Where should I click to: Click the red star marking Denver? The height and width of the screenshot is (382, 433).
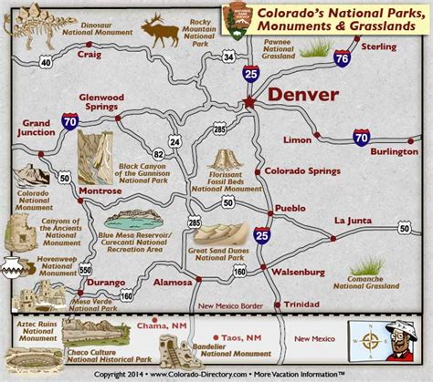[x=249, y=102]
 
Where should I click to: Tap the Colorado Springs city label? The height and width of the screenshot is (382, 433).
[x=301, y=170]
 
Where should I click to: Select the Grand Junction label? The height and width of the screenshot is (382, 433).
[x=39, y=128]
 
